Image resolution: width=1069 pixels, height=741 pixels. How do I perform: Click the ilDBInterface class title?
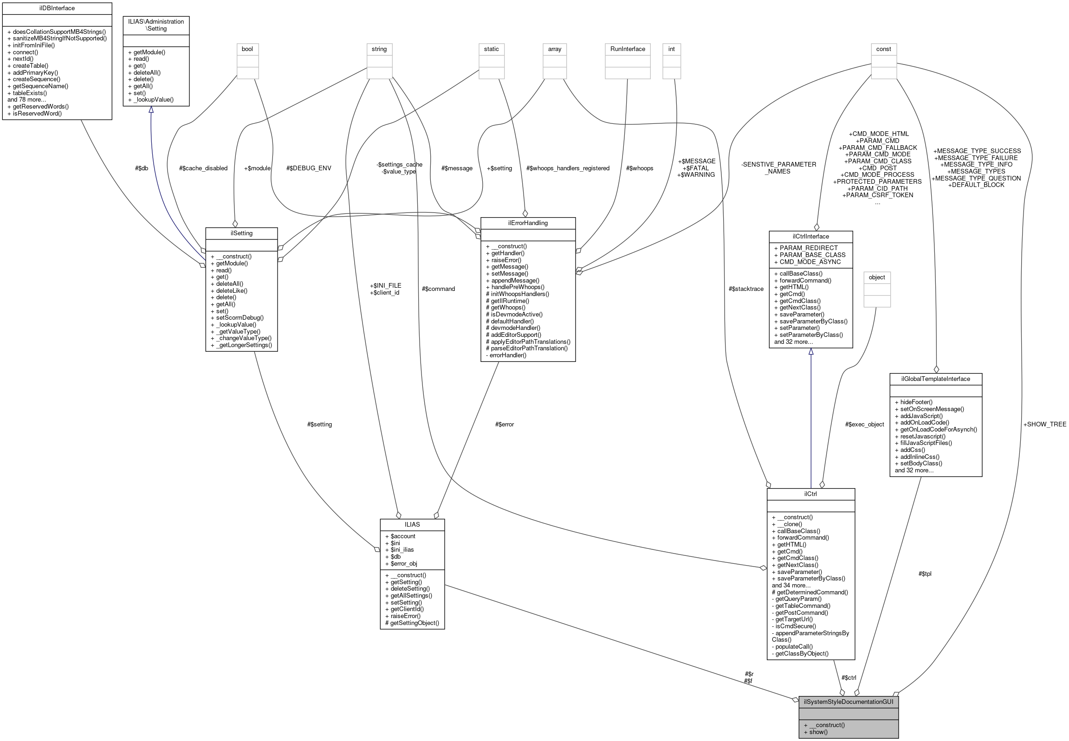(57, 8)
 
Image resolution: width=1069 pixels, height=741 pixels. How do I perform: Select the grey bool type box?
(247, 49)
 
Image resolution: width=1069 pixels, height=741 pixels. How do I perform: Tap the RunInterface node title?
(628, 49)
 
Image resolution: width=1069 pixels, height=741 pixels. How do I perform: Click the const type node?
(883, 49)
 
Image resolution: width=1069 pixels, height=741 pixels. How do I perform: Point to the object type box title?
(877, 277)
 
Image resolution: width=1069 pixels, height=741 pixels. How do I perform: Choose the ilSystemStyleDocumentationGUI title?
(848, 702)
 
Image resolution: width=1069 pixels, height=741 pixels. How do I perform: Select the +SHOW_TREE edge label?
(1044, 425)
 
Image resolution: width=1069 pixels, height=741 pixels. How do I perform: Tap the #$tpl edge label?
(925, 574)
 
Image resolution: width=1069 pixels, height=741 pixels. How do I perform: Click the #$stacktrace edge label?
(746, 289)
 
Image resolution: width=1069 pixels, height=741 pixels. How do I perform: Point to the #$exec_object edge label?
(864, 425)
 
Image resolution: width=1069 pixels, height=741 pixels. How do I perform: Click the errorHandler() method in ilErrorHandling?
(507, 355)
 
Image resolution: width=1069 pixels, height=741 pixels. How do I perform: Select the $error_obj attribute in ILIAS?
(403, 564)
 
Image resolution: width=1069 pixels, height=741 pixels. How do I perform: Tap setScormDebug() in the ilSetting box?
(240, 318)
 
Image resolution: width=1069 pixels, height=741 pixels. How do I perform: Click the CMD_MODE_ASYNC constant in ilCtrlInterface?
(810, 262)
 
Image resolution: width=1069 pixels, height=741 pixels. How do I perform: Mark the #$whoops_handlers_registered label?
(568, 168)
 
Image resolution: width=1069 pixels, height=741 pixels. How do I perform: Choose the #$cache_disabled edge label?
(203, 168)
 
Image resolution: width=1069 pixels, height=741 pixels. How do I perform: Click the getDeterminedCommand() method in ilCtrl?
(811, 593)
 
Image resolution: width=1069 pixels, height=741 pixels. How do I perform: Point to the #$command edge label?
(438, 289)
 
